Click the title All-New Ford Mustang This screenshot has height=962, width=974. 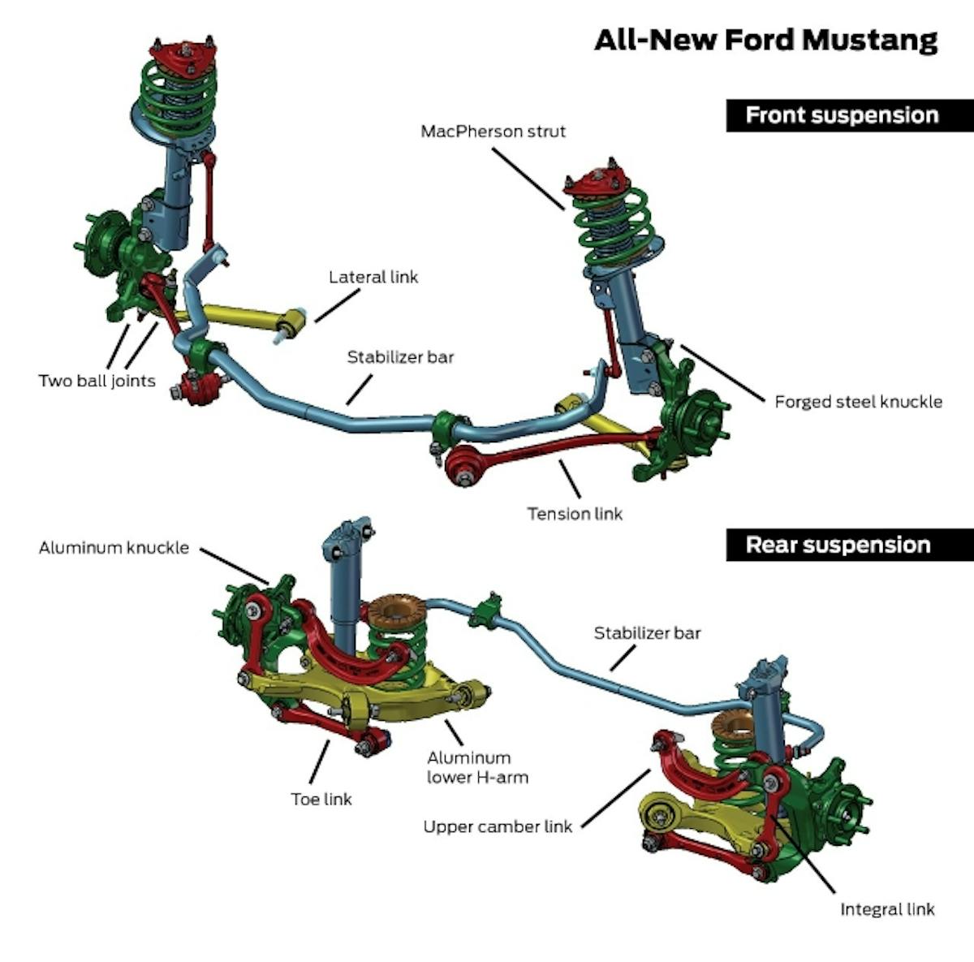point(765,40)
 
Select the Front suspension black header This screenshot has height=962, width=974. point(841,115)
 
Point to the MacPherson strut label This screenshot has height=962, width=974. point(493,132)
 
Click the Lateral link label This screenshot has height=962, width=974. point(373,278)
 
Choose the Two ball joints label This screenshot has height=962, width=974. point(97,381)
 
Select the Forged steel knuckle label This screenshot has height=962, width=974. point(858,402)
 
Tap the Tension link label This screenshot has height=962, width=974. point(575,514)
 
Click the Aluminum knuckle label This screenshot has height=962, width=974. point(114,549)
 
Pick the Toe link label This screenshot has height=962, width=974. point(321,800)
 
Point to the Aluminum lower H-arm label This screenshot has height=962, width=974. point(477,768)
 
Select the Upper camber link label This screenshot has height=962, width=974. point(498,827)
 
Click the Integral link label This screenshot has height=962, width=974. point(887,909)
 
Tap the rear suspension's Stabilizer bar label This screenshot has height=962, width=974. point(647,633)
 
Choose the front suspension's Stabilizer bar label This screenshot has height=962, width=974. point(400,357)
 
